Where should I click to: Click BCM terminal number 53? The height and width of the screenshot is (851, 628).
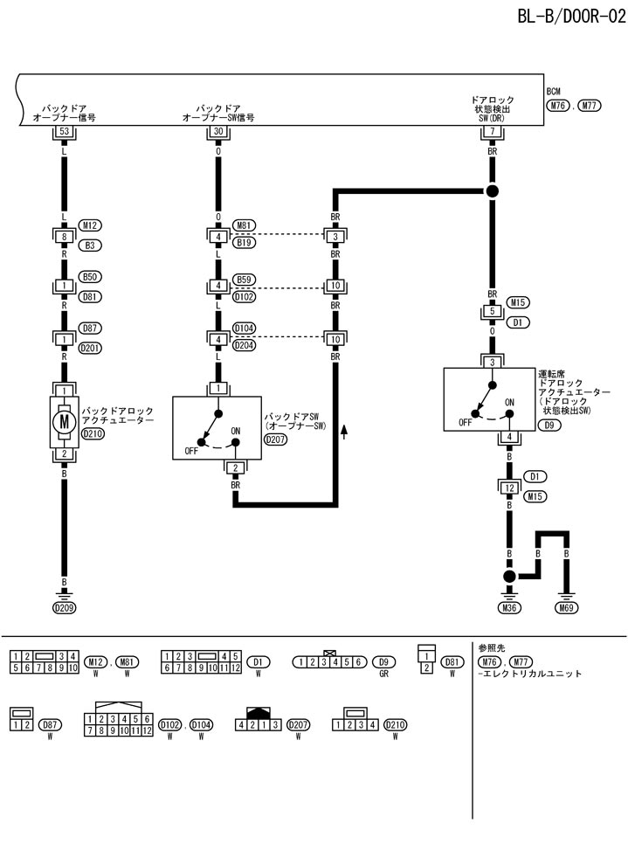point(63,132)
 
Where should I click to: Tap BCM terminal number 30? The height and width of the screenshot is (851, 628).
point(217,132)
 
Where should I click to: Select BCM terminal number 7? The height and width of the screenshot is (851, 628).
point(492,132)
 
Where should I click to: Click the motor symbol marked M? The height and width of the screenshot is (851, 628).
point(63,421)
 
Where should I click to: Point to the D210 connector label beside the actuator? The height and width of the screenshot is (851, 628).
point(92,432)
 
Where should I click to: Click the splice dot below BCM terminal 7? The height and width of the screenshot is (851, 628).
point(492,190)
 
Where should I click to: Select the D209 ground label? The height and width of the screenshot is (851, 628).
point(63,607)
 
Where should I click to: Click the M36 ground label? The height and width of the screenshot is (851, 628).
point(509,607)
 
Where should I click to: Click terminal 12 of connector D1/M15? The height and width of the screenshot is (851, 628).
point(509,488)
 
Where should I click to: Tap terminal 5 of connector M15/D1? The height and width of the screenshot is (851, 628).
point(492,311)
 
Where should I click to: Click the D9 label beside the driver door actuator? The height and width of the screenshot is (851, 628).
point(550,425)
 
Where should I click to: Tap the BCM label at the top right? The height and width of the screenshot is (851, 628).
point(553,91)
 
